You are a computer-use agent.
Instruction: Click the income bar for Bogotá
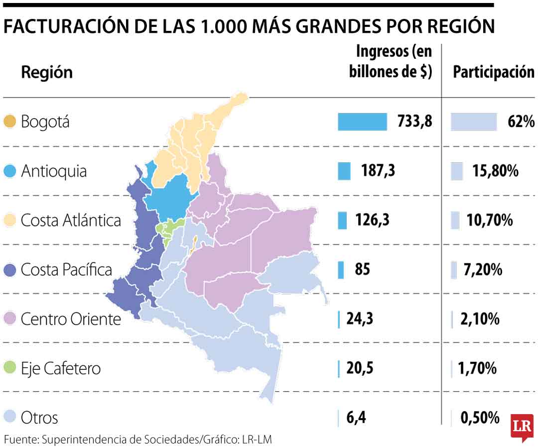point(362,121)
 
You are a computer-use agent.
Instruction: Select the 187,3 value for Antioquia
point(378,171)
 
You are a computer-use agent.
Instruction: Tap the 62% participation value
point(522,121)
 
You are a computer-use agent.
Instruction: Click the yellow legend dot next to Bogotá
point(9,121)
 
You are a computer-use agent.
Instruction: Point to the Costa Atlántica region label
point(71,221)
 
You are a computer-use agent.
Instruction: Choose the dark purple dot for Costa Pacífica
point(9,270)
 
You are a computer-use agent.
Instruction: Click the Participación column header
point(493,72)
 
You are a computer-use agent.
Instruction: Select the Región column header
point(47,72)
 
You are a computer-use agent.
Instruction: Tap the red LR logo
point(522,426)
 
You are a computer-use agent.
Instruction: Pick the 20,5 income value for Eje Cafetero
point(360,368)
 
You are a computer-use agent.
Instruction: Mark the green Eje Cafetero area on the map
point(169,227)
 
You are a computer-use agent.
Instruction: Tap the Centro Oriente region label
point(71,319)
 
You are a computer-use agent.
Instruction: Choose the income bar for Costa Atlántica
point(342,220)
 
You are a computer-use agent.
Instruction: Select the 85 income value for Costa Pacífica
point(362,270)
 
